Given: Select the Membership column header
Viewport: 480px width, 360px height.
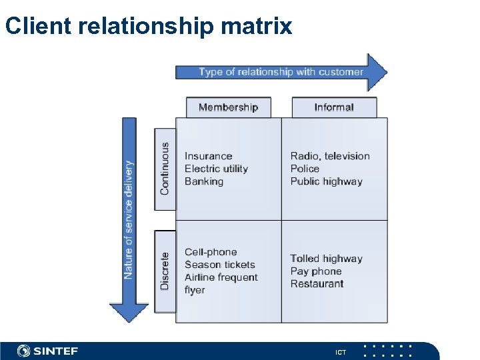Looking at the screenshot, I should coord(228,107).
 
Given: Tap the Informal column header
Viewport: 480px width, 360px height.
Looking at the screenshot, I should coord(334,107).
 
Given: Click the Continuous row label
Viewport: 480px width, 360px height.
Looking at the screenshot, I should coord(165,169).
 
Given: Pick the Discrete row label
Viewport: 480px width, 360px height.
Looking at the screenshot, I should coord(165,270).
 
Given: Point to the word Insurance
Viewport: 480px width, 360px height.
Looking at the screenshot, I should coord(209,156).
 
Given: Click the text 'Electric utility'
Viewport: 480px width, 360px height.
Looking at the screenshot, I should coord(216,169).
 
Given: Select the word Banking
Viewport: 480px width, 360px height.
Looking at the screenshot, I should coord(204,181).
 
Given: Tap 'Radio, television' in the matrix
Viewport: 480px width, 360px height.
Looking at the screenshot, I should coord(330,156).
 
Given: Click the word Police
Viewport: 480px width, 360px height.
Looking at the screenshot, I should coord(305,169).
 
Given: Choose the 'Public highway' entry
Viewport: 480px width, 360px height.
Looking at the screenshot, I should coord(326,181).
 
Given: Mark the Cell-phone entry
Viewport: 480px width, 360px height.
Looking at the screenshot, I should coord(211,252).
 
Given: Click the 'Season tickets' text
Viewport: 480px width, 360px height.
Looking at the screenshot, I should coord(220,265).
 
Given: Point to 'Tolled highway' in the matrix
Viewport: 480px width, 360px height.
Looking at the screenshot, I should coord(326,259).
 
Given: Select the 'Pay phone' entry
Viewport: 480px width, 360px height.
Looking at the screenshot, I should coord(316,271).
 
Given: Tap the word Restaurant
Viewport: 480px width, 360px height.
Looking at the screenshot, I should coord(317,284).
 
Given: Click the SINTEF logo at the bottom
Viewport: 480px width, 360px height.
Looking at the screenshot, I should coord(48,351).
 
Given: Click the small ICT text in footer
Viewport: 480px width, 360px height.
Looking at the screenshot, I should coord(341,351).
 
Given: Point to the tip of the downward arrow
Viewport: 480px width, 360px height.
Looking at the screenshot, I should coord(129,321).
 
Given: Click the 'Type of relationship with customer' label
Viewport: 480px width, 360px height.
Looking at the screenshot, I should coord(281,72).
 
